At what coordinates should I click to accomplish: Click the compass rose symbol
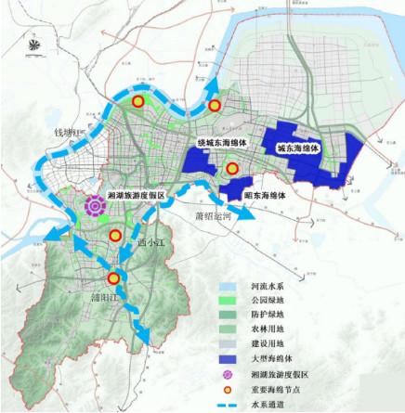click(34, 47)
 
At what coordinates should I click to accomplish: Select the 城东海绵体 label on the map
click(297, 148)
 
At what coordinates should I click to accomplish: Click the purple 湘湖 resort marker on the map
click(93, 207)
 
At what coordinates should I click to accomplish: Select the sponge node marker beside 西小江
click(113, 237)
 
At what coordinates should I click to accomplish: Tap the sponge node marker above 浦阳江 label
click(112, 277)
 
